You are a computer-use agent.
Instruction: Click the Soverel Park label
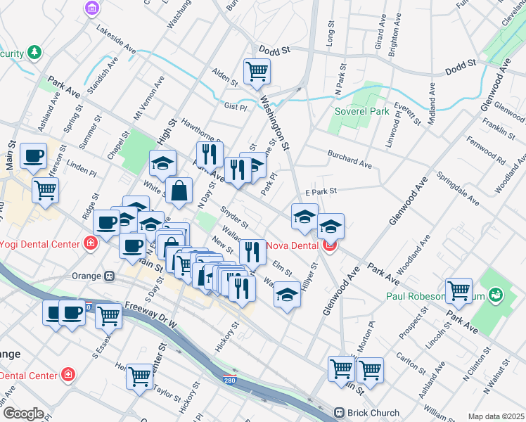361,112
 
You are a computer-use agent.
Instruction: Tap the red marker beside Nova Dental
329,247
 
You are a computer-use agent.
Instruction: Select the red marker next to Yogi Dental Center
90,244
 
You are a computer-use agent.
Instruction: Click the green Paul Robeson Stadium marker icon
495,293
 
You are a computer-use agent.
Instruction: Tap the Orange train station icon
109,276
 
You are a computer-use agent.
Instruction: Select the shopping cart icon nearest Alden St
257,70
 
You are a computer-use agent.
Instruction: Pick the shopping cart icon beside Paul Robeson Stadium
458,290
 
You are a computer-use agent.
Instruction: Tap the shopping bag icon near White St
180,190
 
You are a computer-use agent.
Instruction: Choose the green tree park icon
33,53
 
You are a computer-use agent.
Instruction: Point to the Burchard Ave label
349,159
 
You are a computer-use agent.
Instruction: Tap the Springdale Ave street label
457,189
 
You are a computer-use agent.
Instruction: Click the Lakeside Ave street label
116,41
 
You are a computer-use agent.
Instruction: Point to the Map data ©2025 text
495,416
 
